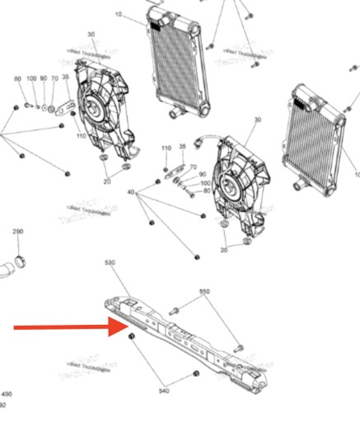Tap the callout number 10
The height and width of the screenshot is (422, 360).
pos(118,15)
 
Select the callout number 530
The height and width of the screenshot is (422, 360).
pos(110,262)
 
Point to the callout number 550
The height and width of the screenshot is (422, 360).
pos(204,292)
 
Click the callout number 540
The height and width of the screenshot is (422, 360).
pos(163,392)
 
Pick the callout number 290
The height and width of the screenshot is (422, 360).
pos(18,232)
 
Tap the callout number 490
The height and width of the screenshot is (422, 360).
pos(7,394)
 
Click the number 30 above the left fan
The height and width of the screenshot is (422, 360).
pos(90,35)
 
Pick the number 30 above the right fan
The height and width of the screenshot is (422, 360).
pos(257,120)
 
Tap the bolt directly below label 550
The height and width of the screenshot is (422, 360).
pos(176,311)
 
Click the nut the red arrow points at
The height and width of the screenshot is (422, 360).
pos(132,340)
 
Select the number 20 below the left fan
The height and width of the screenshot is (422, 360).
pos(107,181)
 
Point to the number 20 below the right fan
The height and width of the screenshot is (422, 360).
pos(224,250)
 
